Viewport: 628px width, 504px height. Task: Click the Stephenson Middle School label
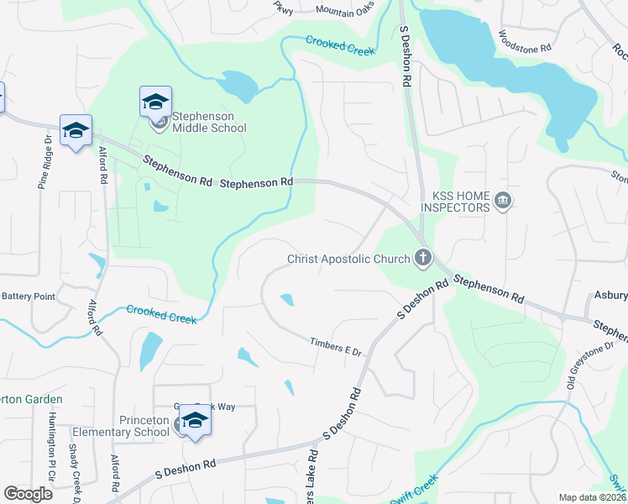point(209,122)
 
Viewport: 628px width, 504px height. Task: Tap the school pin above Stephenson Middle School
point(155,102)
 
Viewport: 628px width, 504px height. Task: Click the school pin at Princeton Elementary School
point(195,420)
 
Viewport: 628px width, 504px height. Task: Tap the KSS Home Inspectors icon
point(503,200)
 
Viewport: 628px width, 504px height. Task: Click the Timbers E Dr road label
point(334,346)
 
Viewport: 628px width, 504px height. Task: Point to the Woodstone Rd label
point(524,42)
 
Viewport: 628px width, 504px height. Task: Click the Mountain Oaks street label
point(345,11)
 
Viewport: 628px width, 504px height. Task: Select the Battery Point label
point(28,296)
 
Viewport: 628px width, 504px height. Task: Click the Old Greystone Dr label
point(597,365)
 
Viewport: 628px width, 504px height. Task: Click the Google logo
point(28,494)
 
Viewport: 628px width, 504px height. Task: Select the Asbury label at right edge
point(610,295)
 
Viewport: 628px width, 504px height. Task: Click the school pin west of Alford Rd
point(76,131)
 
